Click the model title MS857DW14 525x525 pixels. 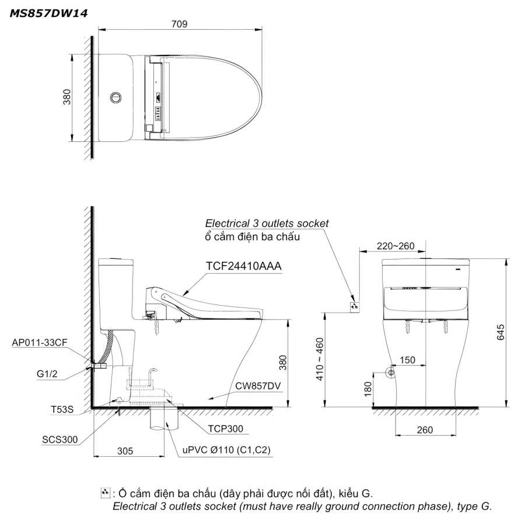(48, 13)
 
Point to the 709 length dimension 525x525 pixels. (179, 24)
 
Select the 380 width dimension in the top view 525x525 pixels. (67, 97)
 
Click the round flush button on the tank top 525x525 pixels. (116, 98)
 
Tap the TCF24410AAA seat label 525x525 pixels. (243, 266)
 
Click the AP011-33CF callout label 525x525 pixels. (40, 342)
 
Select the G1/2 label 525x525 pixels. (47, 374)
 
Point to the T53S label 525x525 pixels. (62, 409)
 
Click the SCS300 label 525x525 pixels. (60, 439)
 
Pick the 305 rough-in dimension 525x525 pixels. (125, 451)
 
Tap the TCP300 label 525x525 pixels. (226, 429)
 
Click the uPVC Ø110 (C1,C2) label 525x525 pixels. (226, 450)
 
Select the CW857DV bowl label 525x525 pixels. (258, 386)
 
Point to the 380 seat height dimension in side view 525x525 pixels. (283, 363)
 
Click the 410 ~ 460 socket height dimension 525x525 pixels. (320, 359)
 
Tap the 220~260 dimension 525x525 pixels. (395, 246)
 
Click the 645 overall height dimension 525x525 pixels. (501, 332)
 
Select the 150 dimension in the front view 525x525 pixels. (408, 360)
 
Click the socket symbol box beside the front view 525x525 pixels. (355, 306)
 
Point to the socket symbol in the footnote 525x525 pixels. (105, 492)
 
